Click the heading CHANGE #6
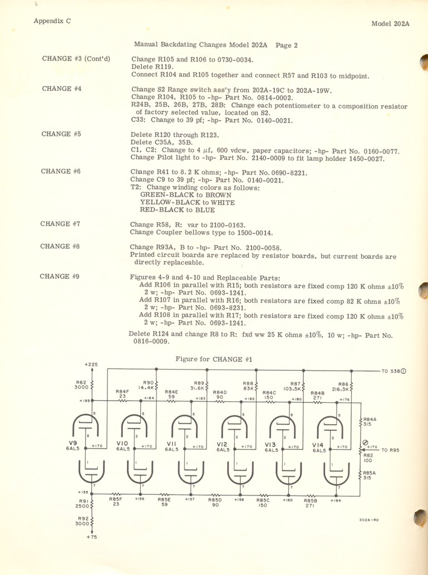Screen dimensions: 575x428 61,171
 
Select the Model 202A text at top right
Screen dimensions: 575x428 390,24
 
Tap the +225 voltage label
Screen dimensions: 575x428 91,364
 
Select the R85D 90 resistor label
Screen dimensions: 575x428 215,502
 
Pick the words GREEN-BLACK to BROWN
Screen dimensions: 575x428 180,195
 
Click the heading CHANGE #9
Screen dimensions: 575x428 61,276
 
